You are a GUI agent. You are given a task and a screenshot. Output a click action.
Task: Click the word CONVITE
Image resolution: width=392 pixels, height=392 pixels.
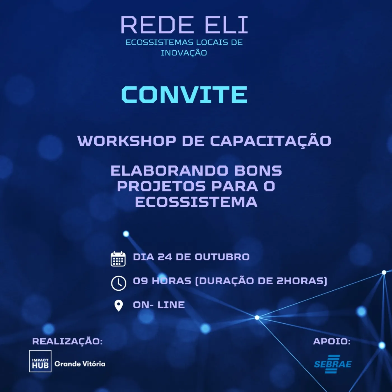click(184, 94)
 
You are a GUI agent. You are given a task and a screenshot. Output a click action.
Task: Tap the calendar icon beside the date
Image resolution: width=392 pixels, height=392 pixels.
click(118, 259)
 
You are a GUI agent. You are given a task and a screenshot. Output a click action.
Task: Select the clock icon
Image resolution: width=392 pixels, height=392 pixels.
click(119, 283)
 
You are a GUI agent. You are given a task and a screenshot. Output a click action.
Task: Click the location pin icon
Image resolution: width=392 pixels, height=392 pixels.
click(119, 306)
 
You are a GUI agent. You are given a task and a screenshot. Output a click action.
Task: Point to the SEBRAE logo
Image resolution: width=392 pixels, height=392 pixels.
click(333, 364)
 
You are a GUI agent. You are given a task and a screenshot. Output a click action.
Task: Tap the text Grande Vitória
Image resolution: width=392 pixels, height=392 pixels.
click(80, 364)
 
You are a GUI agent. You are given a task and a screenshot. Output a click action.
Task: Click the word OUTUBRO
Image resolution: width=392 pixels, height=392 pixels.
click(222, 257)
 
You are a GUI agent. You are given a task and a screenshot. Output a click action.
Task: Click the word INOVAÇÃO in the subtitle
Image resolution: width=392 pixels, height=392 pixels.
click(184, 52)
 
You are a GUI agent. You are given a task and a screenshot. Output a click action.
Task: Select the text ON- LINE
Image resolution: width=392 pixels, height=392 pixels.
click(159, 305)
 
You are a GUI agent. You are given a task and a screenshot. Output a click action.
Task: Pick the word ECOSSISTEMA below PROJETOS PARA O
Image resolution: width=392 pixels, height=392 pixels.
click(196, 202)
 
